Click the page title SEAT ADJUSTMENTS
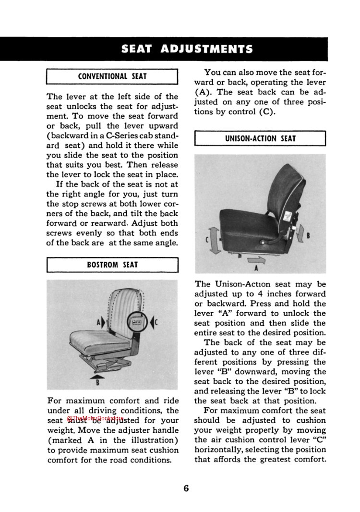coord(187,49)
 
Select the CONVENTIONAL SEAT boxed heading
coord(112,76)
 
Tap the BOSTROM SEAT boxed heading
coord(112,264)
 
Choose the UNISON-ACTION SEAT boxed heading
coord(260,138)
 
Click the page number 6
coord(186,488)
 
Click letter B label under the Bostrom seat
coord(97,383)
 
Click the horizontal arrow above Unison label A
coord(255,260)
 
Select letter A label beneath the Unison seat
coord(256,268)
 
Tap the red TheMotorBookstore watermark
coord(96,418)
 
